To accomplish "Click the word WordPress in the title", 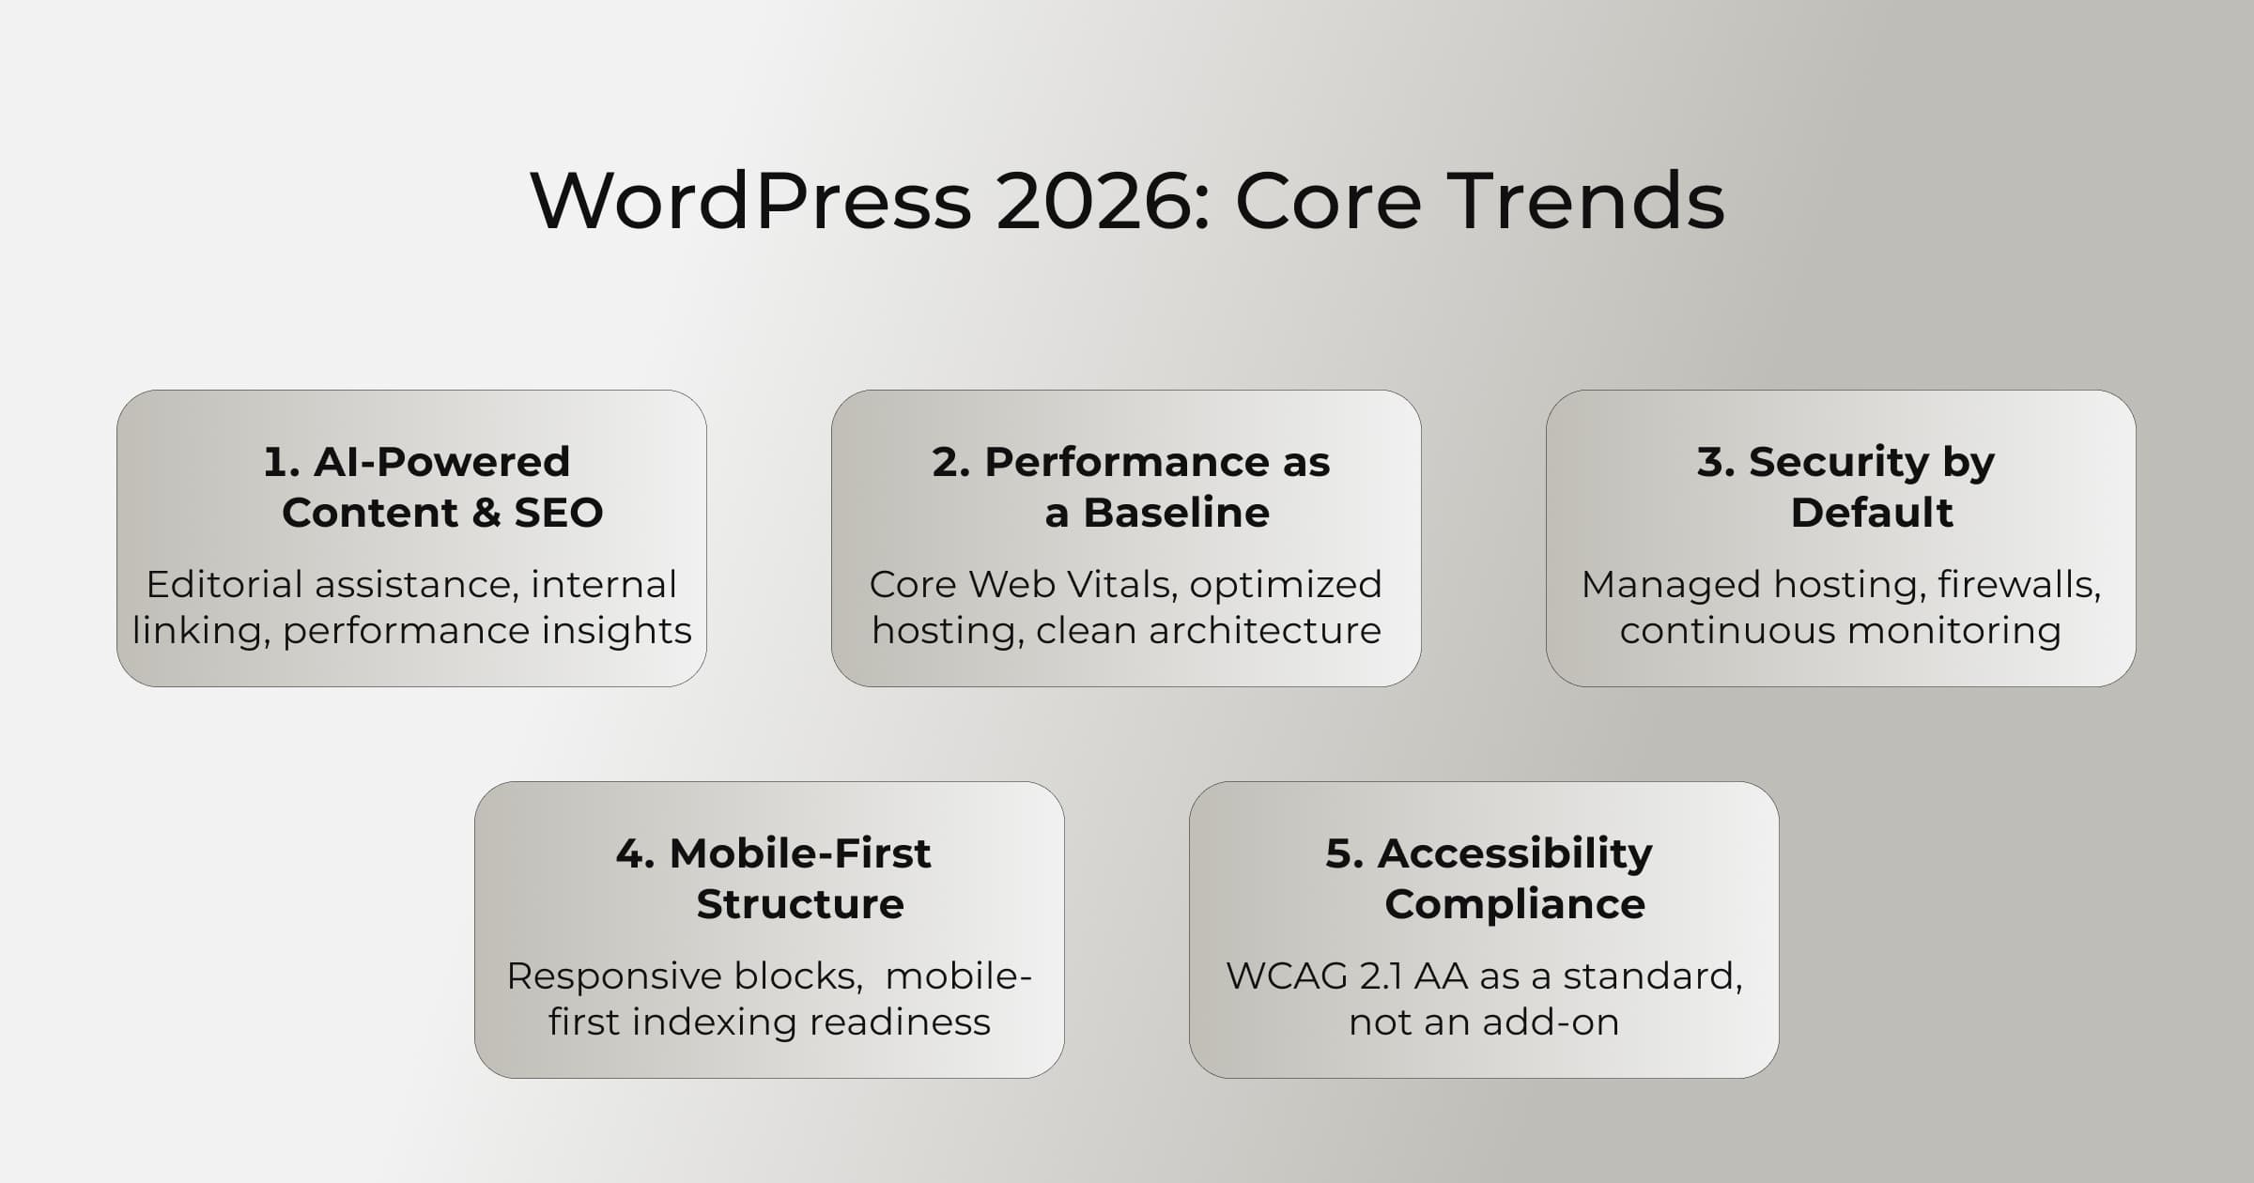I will click(x=750, y=201).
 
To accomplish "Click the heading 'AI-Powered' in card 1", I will click(x=441, y=462).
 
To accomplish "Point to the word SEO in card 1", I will click(x=558, y=513).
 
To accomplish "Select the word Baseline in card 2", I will click(x=1176, y=513).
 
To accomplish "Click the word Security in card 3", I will click(x=1838, y=462).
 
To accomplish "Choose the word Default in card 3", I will click(x=1872, y=513).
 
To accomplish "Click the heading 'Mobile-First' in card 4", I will click(x=799, y=853).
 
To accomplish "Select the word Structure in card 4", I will click(x=800, y=904).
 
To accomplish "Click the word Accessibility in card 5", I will click(x=1514, y=853).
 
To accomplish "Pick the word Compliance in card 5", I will click(x=1514, y=904).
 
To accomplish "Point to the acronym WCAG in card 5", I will click(x=1287, y=976).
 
